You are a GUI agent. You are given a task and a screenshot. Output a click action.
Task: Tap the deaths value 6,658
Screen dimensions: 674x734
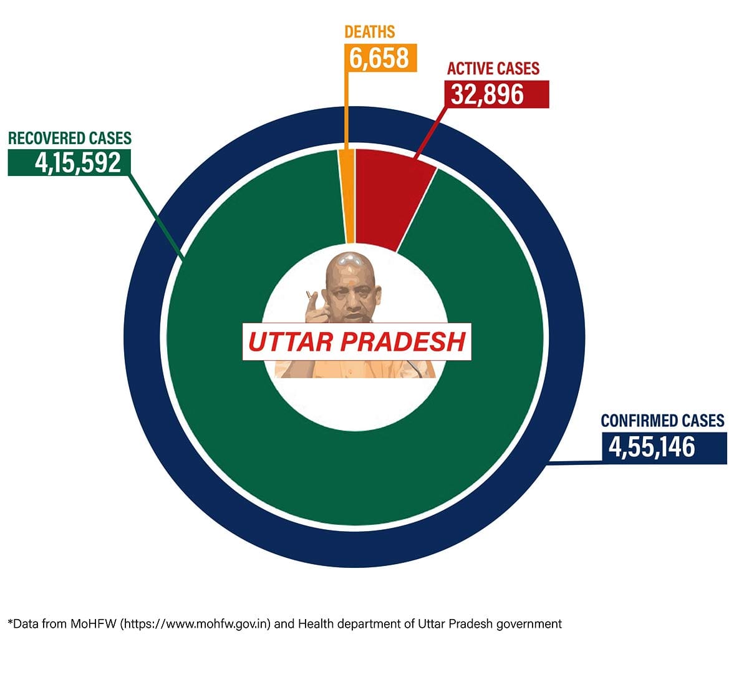(x=379, y=58)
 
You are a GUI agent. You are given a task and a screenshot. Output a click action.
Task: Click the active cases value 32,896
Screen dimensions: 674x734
(x=488, y=94)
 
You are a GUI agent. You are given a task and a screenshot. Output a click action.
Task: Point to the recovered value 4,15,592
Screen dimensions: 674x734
(x=78, y=162)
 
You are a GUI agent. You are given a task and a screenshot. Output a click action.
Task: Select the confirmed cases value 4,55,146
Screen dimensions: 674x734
(x=652, y=448)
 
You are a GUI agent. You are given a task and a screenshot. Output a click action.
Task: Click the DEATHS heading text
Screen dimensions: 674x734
(x=370, y=31)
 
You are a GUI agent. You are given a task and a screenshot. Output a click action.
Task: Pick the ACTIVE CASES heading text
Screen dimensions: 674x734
(x=493, y=69)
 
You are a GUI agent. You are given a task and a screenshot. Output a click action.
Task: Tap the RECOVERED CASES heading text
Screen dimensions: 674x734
(x=70, y=138)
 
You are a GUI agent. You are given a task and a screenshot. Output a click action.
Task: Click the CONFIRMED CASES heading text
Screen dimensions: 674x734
(x=662, y=421)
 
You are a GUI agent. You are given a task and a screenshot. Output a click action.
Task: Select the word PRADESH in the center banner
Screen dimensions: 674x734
(x=403, y=342)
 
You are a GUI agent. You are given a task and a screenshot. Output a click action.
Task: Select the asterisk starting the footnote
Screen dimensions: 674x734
(x=10, y=622)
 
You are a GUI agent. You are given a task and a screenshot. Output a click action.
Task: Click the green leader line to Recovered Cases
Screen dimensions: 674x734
(x=156, y=215)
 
